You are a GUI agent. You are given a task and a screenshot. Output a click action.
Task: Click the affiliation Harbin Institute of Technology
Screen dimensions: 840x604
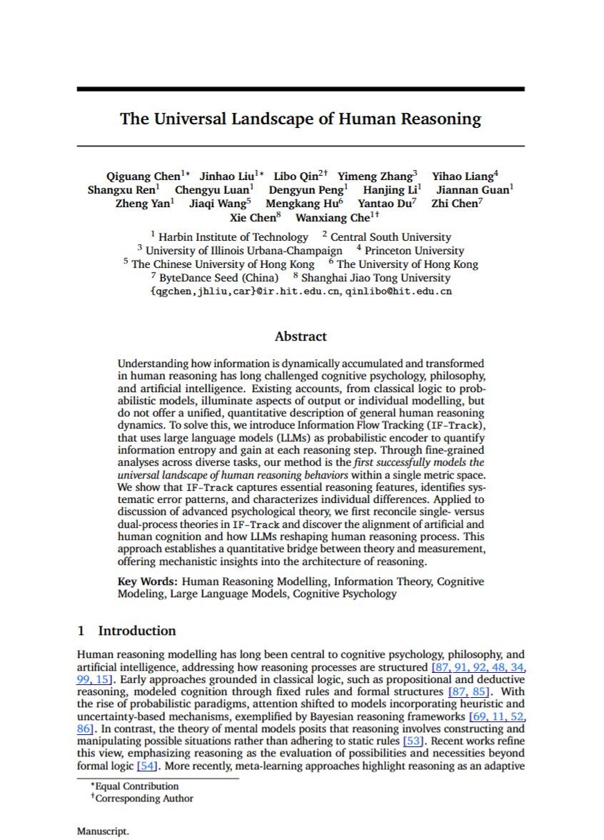233,237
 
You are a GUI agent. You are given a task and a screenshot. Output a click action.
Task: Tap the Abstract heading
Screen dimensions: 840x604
301,336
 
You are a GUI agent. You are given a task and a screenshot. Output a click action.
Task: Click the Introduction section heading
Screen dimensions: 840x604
136,630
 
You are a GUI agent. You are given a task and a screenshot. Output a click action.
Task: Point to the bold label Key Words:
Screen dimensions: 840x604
143,581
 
